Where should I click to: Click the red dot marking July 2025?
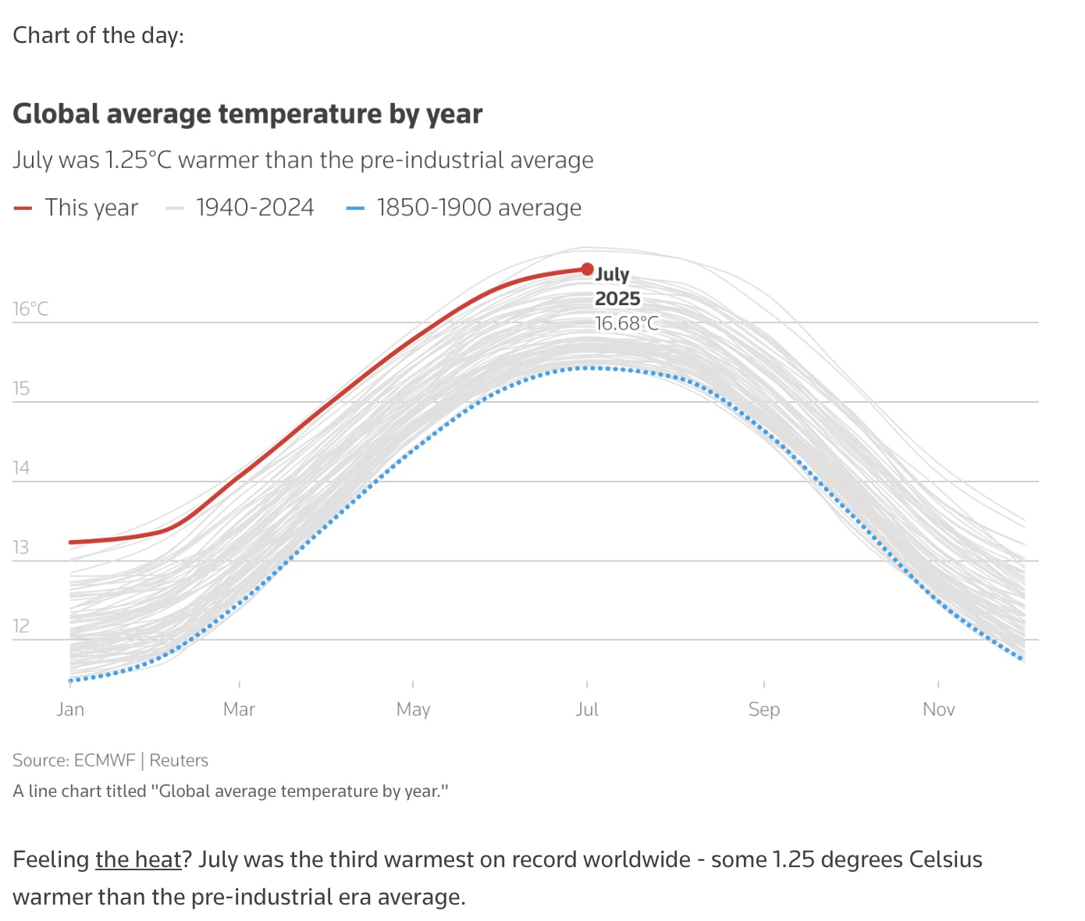tap(587, 269)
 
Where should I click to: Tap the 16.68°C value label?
tap(627, 323)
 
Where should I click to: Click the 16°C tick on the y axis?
tap(30, 309)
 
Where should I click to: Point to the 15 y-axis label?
tap(21, 389)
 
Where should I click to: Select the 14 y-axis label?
tap(21, 468)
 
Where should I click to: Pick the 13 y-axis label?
tap(21, 547)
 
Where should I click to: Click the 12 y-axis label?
tap(21, 626)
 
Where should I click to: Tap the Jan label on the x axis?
tap(70, 709)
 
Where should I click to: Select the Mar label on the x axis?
tap(239, 709)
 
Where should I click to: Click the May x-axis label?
tap(413, 709)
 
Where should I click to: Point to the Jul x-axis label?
tap(587, 709)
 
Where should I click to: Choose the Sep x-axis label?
tap(763, 709)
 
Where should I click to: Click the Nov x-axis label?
tap(938, 709)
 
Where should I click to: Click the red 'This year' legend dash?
tap(23, 208)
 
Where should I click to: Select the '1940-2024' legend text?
tap(254, 208)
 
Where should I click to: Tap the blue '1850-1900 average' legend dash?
tap(355, 208)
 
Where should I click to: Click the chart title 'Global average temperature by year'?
tap(247, 114)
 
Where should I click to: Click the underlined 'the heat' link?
tap(138, 859)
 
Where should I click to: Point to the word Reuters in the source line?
tap(179, 760)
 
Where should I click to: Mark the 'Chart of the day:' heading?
tap(98, 35)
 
